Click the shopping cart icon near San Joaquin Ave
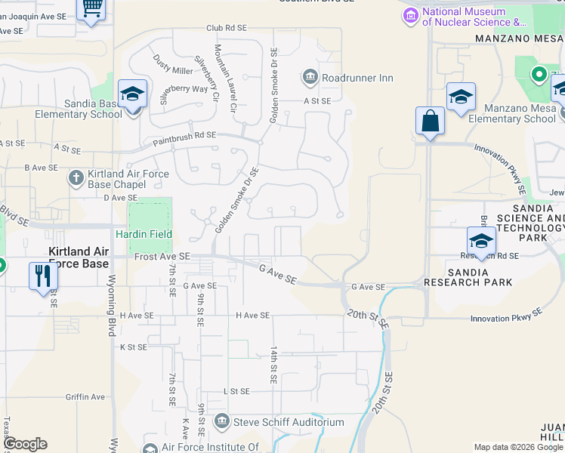pyautogui.click(x=92, y=8)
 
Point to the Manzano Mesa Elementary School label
pyautogui.click(x=511, y=113)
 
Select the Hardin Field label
pyautogui.click(x=144, y=234)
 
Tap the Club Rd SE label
pyautogui.click(x=227, y=28)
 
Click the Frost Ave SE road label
pyautogui.click(x=162, y=257)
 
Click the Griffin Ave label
pyautogui.click(x=85, y=397)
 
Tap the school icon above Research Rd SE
pyautogui.click(x=481, y=240)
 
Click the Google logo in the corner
pyautogui.click(x=25, y=444)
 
